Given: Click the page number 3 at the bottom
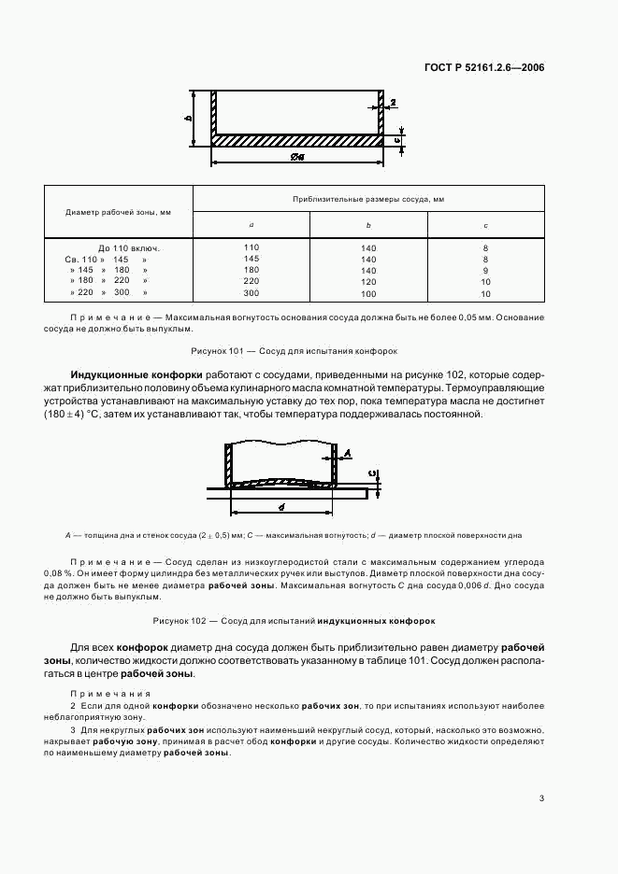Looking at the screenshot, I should (541, 797).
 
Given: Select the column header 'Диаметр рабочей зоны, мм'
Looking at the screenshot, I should (118, 212).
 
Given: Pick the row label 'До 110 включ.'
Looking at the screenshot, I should (129, 247).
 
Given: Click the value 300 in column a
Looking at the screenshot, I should (251, 293).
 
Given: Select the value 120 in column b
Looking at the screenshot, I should (368, 281).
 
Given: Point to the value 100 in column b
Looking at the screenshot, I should (368, 293).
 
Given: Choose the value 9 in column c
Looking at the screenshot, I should (485, 270).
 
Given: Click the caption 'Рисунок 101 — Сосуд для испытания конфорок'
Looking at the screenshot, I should (295, 351).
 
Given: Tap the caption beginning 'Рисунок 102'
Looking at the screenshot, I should (294, 620).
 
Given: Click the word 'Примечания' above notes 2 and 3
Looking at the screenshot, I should (110, 693).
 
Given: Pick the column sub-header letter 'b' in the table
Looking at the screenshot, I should (368, 225).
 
